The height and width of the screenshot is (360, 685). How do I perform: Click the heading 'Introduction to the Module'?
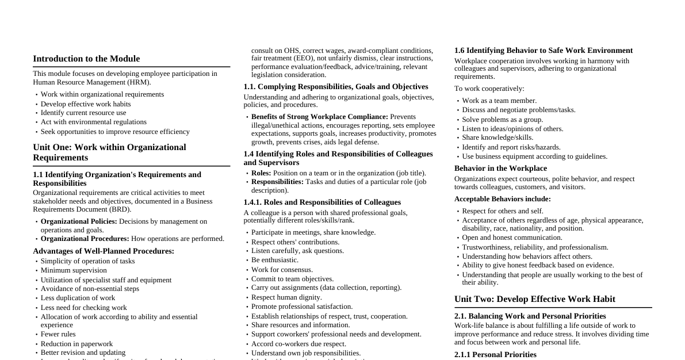click(86, 59)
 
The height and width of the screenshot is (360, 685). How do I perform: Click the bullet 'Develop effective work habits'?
click(86, 104)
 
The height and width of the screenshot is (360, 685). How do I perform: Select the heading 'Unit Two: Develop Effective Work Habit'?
click(534, 299)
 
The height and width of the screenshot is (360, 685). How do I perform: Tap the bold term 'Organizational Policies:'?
click(79, 221)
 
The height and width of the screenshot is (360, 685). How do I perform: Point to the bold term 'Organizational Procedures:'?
click(85, 239)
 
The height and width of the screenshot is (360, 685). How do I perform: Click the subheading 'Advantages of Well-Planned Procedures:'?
click(104, 251)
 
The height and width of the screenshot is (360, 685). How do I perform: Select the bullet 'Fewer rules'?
click(58, 334)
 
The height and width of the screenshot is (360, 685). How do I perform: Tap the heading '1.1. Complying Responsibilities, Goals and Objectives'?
click(335, 87)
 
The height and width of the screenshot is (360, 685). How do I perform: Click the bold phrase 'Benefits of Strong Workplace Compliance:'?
click(319, 117)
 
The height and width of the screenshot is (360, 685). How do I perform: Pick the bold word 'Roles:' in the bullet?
click(261, 173)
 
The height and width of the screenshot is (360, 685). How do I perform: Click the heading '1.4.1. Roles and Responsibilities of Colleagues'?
click(322, 202)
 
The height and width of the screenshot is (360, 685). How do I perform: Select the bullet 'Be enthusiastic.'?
click(275, 260)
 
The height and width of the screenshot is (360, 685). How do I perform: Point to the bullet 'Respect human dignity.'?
click(286, 297)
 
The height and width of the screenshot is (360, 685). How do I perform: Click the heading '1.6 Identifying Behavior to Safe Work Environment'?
click(543, 51)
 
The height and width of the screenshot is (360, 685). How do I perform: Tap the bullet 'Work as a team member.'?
click(499, 101)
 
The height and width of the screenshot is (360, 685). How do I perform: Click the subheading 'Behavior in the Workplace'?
click(500, 168)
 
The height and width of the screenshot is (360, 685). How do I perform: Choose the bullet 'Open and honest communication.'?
click(512, 238)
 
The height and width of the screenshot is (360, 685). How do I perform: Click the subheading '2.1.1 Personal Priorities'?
click(495, 355)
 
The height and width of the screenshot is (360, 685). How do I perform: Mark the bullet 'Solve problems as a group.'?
click(502, 120)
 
